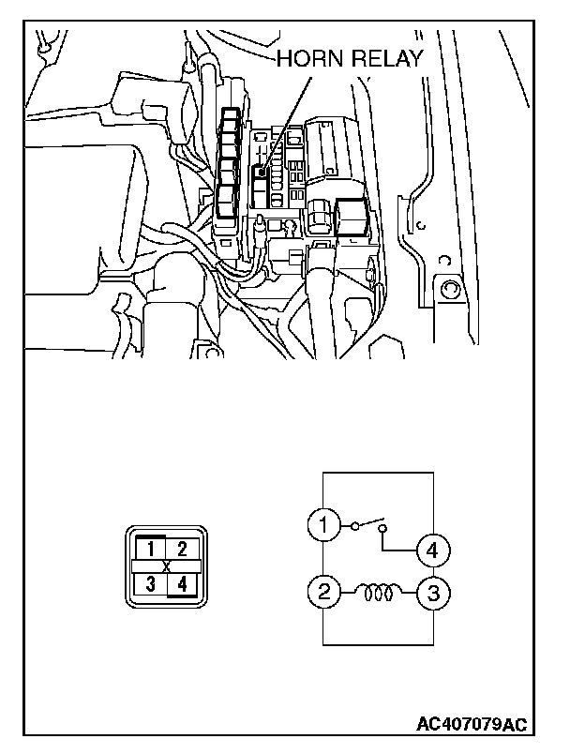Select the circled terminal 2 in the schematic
tap(323, 592)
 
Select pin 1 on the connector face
tap(150, 548)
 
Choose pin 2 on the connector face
tap(183, 548)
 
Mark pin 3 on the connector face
tap(150, 584)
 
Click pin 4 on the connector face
tap(183, 584)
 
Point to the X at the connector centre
tap(166, 566)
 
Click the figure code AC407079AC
tap(472, 725)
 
